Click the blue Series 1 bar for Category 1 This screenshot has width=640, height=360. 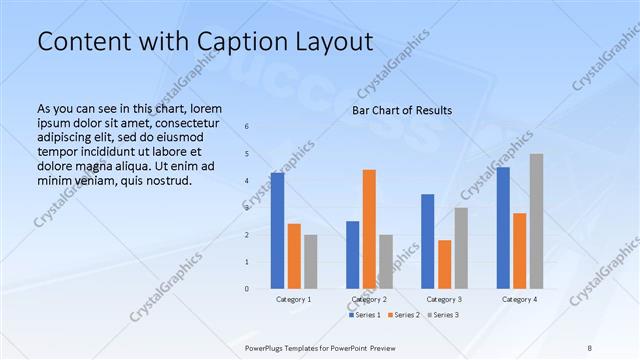[x=277, y=231]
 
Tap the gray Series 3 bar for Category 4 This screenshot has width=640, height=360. [x=536, y=221]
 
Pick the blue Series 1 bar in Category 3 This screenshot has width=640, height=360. [x=428, y=241]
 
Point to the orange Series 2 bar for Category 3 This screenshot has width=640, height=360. [x=444, y=264]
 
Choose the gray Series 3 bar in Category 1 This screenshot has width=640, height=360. [x=310, y=261]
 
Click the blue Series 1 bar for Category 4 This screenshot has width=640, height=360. [x=503, y=228]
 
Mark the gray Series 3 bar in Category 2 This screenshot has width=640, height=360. [x=386, y=261]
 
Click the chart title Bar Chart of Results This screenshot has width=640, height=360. [x=402, y=110]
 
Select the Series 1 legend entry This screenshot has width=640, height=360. [x=364, y=315]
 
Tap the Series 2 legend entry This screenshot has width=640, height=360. [x=402, y=315]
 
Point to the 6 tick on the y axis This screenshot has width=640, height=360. [x=247, y=127]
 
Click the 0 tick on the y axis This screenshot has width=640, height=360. [x=247, y=289]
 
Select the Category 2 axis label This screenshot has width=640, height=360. [x=370, y=299]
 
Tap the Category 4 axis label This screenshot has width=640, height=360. [x=519, y=299]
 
